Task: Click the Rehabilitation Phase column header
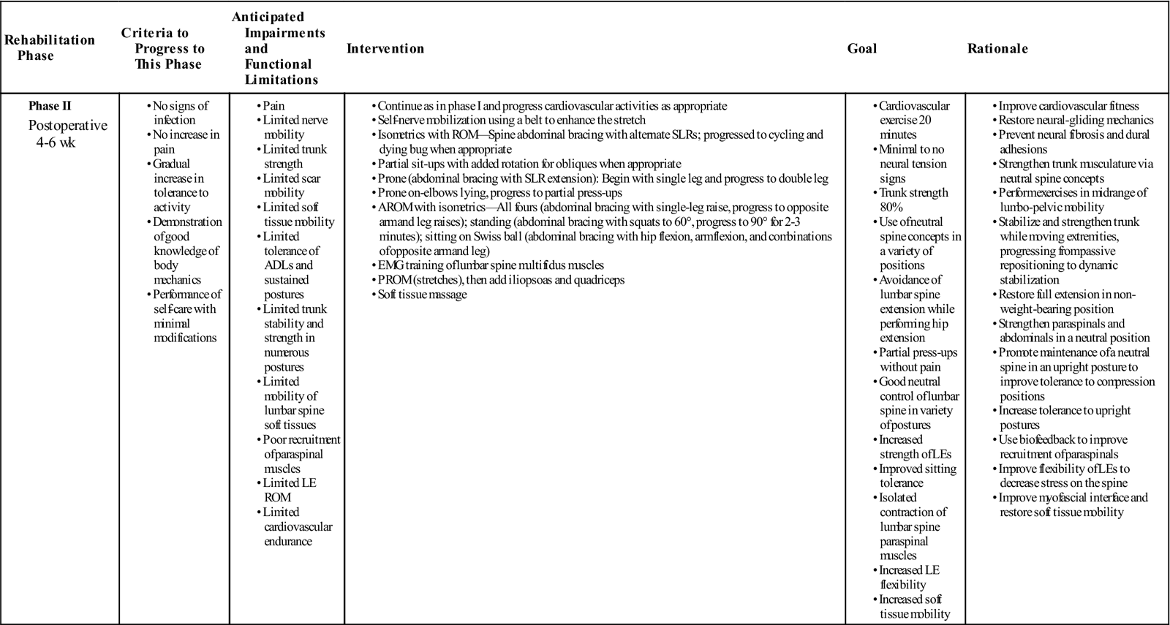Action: pyautogui.click(x=50, y=48)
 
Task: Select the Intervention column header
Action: pyautogui.click(x=385, y=48)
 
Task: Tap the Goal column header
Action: pyautogui.click(x=862, y=48)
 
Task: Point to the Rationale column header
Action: pyautogui.click(x=997, y=48)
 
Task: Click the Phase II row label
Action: pyautogui.click(x=50, y=106)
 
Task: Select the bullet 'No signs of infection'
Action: pyautogui.click(x=180, y=113)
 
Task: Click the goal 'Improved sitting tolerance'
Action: pyautogui.click(x=917, y=476)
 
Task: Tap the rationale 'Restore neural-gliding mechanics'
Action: pyautogui.click(x=1076, y=120)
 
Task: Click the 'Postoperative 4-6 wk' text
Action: pyautogui.click(x=67, y=133)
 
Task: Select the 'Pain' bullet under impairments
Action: pyautogui.click(x=273, y=106)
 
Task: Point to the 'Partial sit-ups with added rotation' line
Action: pyautogui.click(x=529, y=164)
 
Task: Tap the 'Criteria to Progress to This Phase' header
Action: pyautogui.click(x=163, y=48)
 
